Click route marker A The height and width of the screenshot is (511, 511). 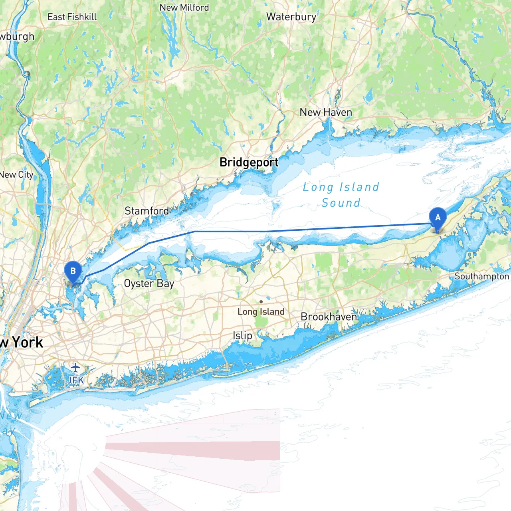tap(438, 218)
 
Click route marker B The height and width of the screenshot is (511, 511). tap(73, 271)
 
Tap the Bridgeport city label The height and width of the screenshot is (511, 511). tap(249, 162)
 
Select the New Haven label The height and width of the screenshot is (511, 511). tap(326, 113)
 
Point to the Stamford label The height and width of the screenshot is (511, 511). tap(147, 211)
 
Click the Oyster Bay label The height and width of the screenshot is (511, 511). tap(149, 283)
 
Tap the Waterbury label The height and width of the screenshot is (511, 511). tap(291, 17)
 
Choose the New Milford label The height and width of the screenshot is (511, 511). tap(184, 8)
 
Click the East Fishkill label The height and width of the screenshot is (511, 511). tap(72, 17)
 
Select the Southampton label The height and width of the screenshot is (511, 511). tap(482, 276)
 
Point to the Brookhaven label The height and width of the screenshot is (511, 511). tap(329, 317)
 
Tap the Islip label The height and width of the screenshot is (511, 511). tap(242, 336)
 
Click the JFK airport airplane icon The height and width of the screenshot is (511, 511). tap(75, 367)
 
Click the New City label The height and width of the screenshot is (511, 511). tap(17, 175)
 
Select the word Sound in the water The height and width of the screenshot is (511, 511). tap(341, 203)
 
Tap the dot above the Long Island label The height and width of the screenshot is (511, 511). tap(261, 302)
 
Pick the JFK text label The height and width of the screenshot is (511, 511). tap(75, 380)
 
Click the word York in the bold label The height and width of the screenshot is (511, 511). tap(27, 343)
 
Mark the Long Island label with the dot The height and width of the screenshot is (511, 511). tap(261, 312)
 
